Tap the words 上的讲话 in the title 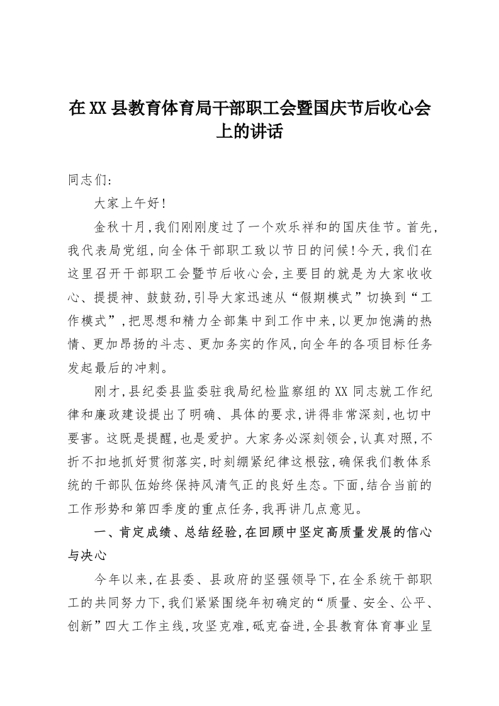[249, 132]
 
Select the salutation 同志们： [89, 181]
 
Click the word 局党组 [127, 250]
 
